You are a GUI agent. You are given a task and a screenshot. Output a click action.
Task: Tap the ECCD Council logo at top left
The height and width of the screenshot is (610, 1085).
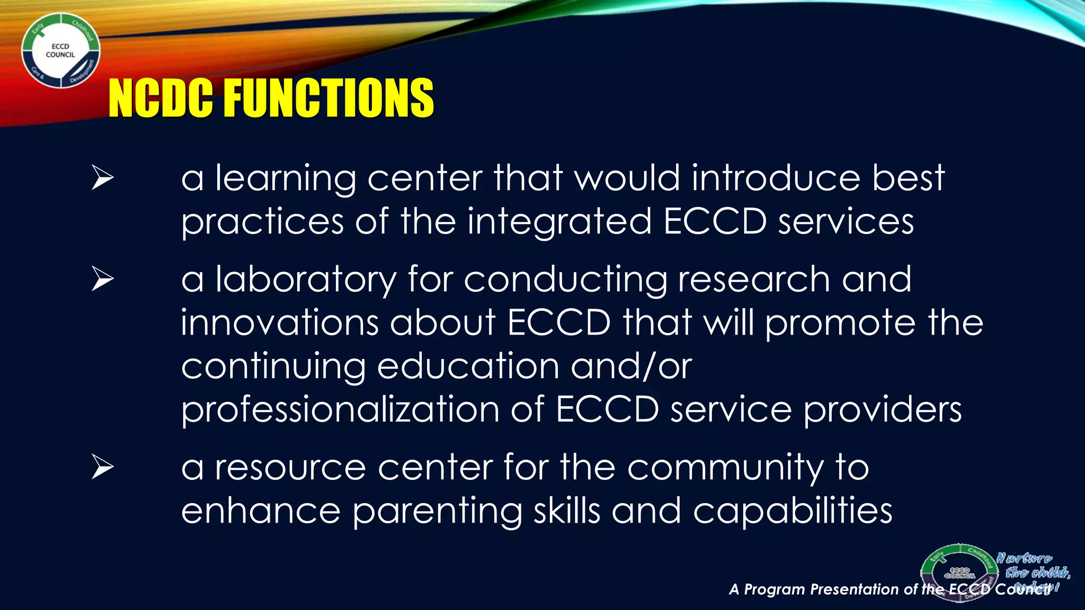60,51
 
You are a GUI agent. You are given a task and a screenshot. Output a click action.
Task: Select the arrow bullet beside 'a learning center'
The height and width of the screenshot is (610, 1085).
102,177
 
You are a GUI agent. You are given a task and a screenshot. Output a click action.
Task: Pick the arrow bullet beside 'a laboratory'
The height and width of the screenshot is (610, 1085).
102,279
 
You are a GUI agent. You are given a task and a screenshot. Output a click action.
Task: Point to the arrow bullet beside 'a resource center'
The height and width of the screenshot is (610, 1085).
102,467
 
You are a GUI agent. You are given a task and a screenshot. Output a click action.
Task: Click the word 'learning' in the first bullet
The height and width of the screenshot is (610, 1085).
286,179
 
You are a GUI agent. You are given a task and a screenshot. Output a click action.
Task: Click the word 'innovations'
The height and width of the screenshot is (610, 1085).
280,322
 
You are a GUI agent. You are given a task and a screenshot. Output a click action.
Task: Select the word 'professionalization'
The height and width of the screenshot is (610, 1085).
340,410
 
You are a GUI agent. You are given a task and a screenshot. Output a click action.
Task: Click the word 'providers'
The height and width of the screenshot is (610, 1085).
882,410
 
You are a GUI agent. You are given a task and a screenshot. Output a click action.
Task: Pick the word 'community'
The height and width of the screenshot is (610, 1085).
725,469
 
